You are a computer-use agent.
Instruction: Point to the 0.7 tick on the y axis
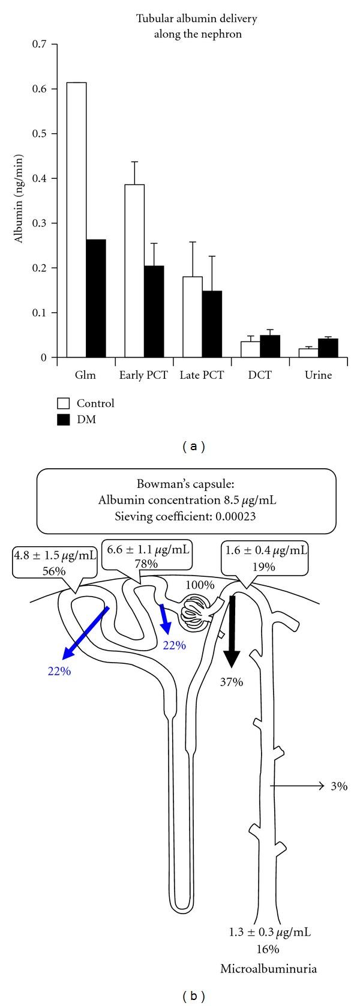[x=55, y=44]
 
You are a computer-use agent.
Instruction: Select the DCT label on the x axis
[x=259, y=376]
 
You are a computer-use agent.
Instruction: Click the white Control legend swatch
[x=62, y=403]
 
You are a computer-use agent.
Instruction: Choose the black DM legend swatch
[x=62, y=421]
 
